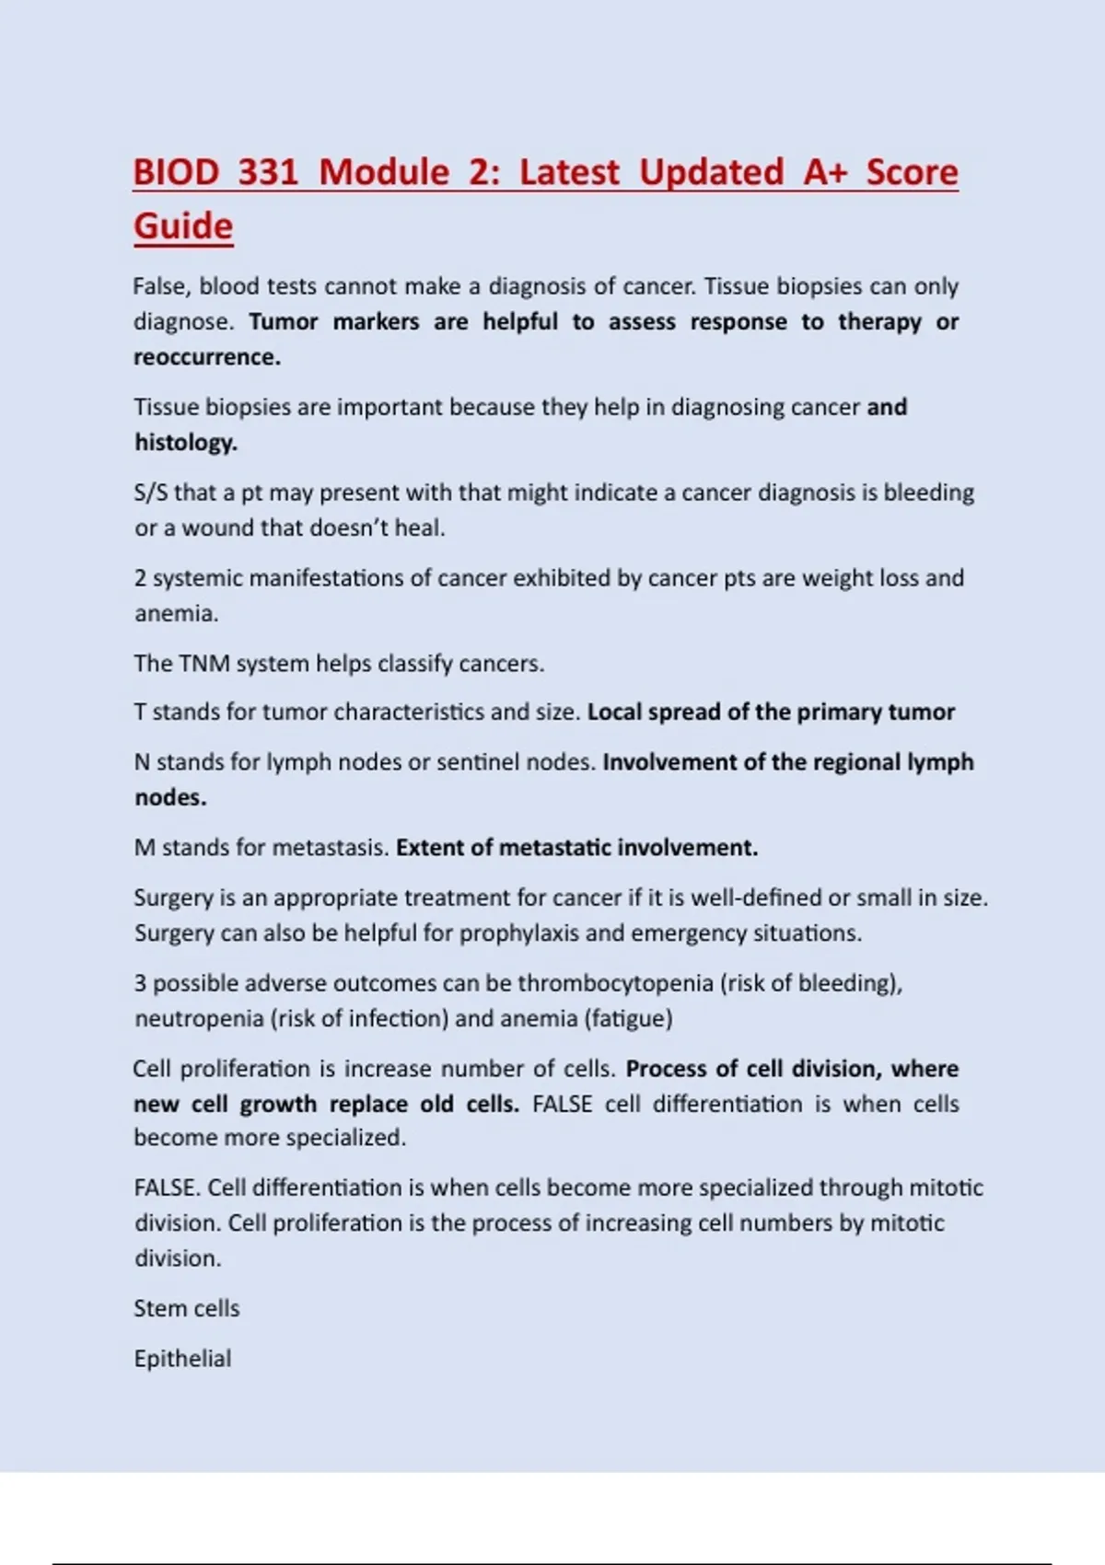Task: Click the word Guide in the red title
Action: click(x=183, y=226)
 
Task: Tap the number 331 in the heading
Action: click(x=268, y=172)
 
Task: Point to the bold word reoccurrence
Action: click(x=207, y=357)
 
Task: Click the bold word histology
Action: click(x=186, y=443)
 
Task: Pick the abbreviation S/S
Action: click(x=151, y=493)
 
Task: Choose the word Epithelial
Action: click(x=182, y=1359)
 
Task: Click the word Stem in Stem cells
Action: click(x=155, y=1309)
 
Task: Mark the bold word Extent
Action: click(x=429, y=848)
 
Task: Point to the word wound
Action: click(x=217, y=528)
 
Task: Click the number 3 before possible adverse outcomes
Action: click(x=140, y=983)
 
